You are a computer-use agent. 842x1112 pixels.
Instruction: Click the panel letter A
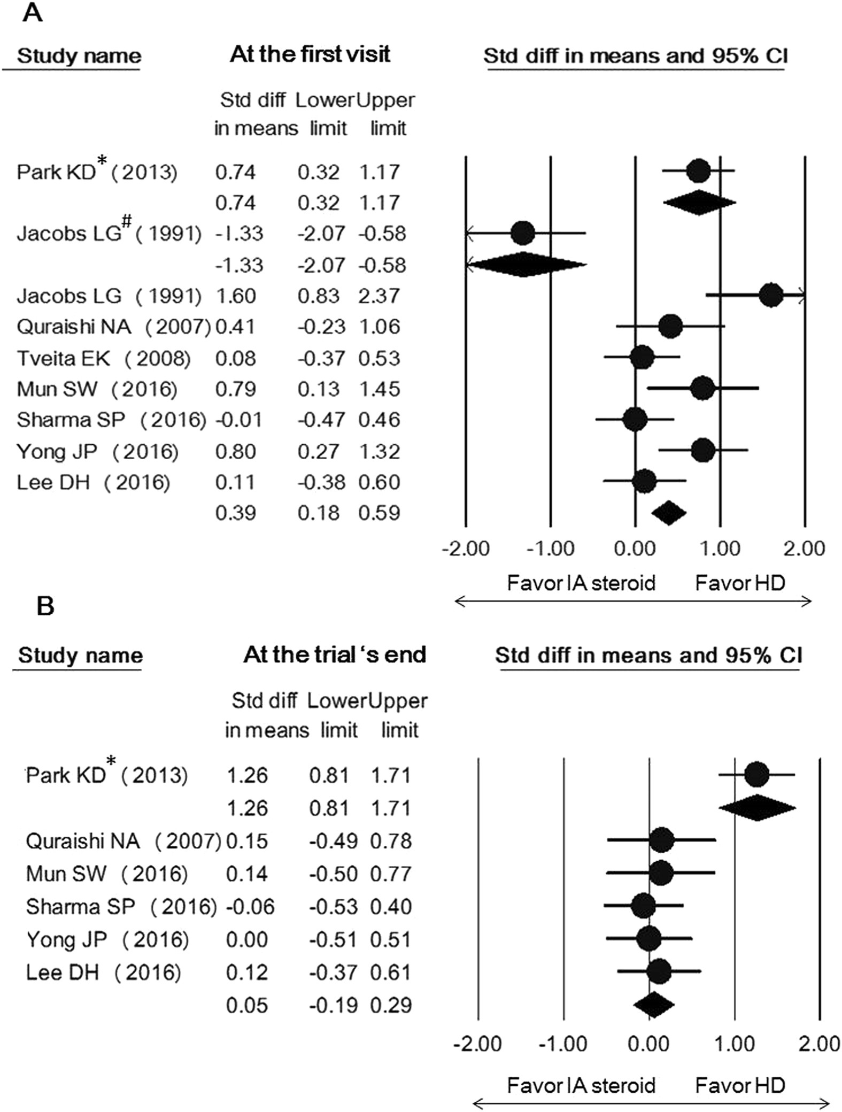32,12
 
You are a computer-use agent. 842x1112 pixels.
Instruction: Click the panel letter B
45,607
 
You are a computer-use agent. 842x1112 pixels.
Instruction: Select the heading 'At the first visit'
310,55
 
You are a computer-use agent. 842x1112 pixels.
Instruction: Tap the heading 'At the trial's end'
335,655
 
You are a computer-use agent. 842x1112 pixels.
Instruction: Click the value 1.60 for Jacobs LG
235,296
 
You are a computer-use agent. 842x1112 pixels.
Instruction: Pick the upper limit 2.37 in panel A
379,296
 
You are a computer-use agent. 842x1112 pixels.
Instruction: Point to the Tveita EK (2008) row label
103,358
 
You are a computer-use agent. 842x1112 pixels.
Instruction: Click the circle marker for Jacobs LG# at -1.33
522,233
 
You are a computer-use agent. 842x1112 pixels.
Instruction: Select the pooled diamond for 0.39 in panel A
669,513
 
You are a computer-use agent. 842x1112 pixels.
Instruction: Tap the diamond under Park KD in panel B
756,808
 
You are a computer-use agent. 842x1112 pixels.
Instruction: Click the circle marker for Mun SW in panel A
702,389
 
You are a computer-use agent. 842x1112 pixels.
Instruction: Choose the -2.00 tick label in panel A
466,549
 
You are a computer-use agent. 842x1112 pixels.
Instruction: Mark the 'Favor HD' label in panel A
740,583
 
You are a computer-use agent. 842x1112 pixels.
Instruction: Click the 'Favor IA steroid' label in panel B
581,1086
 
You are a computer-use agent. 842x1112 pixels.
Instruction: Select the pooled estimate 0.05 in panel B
246,1006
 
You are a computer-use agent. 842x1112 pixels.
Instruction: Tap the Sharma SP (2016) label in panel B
121,907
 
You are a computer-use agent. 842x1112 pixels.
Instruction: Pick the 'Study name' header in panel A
79,56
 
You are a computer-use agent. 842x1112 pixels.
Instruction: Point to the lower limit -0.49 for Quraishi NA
333,841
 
